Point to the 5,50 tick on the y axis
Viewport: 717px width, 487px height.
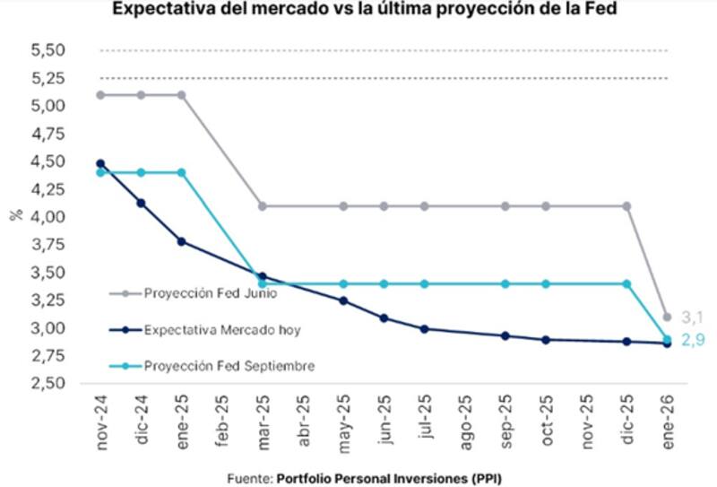[50, 50]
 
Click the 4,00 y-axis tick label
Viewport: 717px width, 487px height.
[50, 217]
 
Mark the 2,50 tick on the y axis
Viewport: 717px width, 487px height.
[50, 384]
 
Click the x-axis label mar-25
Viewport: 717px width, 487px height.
[262, 416]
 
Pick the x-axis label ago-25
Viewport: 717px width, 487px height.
[464, 416]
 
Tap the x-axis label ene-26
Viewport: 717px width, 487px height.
[668, 416]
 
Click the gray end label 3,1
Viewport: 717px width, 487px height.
[692, 317]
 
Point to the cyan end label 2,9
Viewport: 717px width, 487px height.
[692, 340]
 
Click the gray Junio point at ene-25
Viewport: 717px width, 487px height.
[182, 94]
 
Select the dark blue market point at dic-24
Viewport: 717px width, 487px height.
[141, 203]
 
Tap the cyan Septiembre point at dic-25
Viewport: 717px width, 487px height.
[626, 283]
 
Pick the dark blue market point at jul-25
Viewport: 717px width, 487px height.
[424, 329]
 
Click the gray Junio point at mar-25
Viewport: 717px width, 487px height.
[261, 206]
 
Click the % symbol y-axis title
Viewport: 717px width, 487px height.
[15, 216]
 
